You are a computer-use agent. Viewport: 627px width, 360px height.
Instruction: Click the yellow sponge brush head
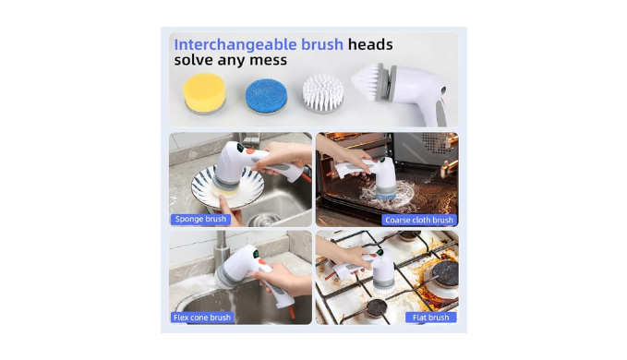coord(205,93)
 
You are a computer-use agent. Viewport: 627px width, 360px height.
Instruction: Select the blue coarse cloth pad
coord(266,95)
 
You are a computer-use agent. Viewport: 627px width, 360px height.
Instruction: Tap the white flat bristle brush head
coord(322,93)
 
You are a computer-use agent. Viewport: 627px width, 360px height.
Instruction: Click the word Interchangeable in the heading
coord(235,44)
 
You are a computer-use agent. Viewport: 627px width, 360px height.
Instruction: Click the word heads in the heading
coord(370,44)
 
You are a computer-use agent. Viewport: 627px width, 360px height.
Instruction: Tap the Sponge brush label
coord(200,220)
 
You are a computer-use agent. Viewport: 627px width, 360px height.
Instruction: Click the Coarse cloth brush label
coord(418,221)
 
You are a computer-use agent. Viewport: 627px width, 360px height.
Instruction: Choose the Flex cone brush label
coord(202,318)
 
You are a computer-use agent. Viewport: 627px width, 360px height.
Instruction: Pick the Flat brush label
coord(430,318)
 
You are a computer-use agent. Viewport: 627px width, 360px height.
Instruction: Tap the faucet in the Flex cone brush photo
coord(221,247)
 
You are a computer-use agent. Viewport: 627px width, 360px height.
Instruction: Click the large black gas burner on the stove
coord(445,274)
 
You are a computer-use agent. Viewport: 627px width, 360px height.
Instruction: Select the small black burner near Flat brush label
coord(377,307)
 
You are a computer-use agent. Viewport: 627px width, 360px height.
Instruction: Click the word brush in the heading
coord(322,44)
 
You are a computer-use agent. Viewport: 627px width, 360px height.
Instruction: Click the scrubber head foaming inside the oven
coord(385,191)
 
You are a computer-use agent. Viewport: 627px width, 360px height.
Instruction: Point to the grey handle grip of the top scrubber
coord(440,114)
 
